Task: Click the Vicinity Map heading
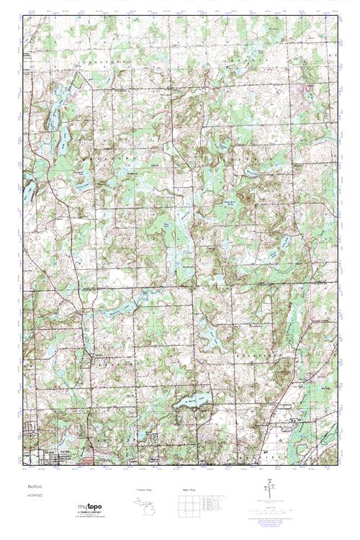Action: (145, 489)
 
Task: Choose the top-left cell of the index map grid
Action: (180, 498)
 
